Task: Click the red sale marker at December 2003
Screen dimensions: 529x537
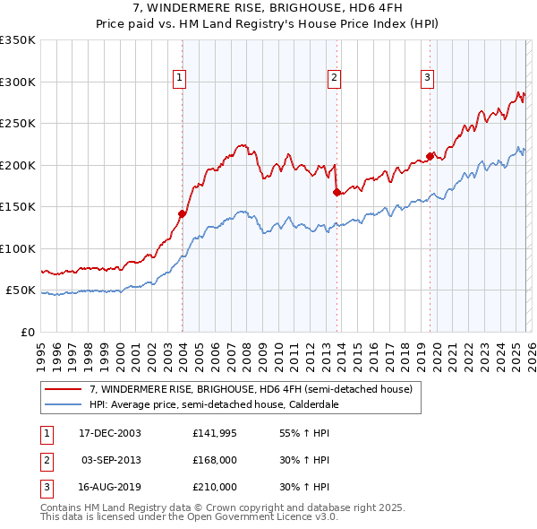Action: pos(182,213)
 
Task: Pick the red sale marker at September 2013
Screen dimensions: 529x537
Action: pos(336,192)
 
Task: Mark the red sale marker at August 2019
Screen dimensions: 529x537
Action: pos(430,157)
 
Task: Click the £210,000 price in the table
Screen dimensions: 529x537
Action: pos(215,487)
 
